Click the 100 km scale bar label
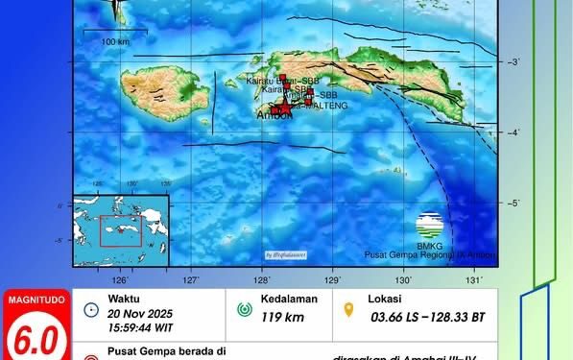(x=116, y=41)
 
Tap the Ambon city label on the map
(x=274, y=116)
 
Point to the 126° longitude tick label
(x=121, y=279)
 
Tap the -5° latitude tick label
(x=514, y=203)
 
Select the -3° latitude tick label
(x=514, y=62)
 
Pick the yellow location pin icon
(x=351, y=310)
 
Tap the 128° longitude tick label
(x=262, y=279)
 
